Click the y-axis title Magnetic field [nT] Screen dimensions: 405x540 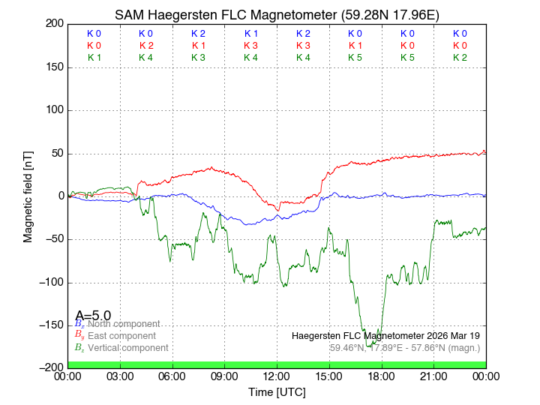point(28,196)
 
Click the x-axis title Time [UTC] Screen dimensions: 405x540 point(277,392)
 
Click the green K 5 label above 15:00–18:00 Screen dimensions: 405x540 point(355,57)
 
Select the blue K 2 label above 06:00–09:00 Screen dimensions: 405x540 point(198,34)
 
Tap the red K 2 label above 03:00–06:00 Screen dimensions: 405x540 point(146,46)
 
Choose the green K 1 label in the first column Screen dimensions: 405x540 point(94,57)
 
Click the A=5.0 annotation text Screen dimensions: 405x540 point(93,315)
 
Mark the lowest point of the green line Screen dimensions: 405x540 point(369,346)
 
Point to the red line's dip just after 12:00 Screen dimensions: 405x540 point(279,210)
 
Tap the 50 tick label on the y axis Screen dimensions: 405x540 point(56,154)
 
